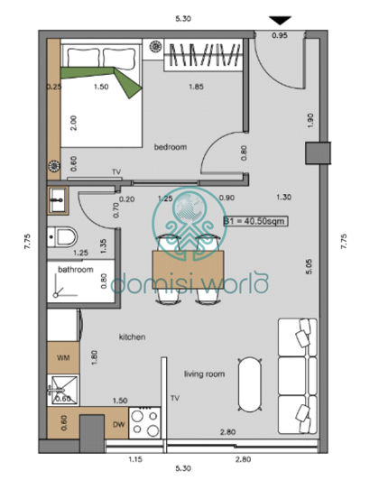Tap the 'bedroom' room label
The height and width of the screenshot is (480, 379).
(x=170, y=146)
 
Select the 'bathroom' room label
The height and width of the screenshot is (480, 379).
(x=76, y=270)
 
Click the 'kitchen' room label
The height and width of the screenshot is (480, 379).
(x=132, y=337)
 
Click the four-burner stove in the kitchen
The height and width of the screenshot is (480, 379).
(x=146, y=422)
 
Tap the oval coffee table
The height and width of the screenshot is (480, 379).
(x=250, y=385)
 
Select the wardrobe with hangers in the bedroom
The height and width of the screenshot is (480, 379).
(x=203, y=57)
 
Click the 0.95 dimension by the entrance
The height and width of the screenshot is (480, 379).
(x=281, y=36)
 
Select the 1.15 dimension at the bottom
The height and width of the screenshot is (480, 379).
(x=136, y=461)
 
